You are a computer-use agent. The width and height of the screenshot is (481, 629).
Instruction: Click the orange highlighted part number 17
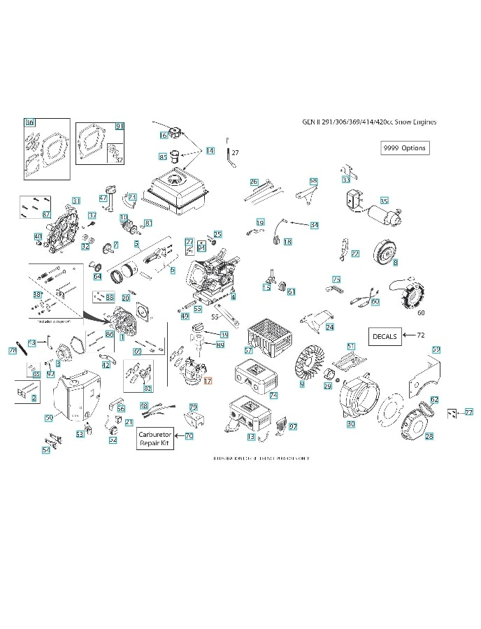(x=208, y=381)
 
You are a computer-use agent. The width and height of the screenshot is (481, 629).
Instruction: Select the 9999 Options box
(x=403, y=148)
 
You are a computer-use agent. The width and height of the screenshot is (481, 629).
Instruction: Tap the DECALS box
(x=385, y=336)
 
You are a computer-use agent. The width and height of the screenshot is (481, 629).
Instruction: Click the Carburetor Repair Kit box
(x=156, y=438)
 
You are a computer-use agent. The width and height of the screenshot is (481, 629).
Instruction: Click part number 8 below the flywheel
(x=396, y=263)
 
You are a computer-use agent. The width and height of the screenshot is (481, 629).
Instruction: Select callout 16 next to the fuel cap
(x=163, y=135)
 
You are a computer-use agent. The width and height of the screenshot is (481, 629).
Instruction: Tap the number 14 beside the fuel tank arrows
(x=210, y=151)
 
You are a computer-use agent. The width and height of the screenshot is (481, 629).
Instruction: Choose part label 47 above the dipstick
(x=103, y=198)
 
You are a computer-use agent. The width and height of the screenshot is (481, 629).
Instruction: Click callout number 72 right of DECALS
(x=421, y=336)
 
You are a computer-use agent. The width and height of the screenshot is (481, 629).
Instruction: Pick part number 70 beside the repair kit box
(x=189, y=436)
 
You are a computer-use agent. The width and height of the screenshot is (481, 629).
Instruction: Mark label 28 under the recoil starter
(x=429, y=436)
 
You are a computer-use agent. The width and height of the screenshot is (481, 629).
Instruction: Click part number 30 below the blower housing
(x=351, y=424)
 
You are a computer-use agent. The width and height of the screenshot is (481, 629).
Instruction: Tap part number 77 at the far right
(x=468, y=412)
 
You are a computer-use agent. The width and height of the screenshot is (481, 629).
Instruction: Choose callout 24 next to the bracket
(x=329, y=327)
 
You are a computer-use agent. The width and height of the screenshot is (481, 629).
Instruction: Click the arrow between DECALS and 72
(x=408, y=336)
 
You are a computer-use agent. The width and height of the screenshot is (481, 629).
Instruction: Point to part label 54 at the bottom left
(x=46, y=450)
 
